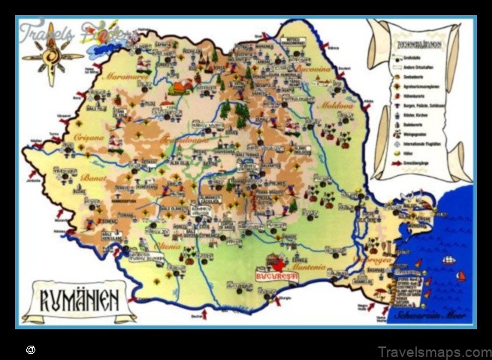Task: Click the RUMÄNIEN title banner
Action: point(78,301)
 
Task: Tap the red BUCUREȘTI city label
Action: point(277,276)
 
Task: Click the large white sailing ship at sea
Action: point(448,260)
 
